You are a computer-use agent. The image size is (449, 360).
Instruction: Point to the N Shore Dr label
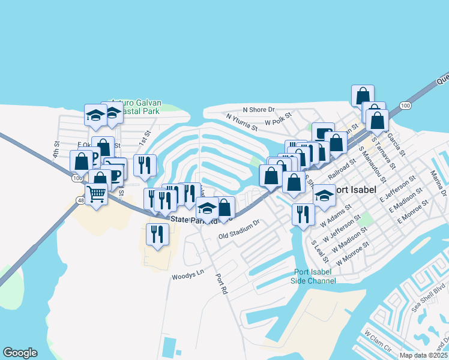[258, 110]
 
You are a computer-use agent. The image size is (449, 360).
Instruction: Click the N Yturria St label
[241, 122]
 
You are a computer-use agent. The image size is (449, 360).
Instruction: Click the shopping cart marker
[96, 194]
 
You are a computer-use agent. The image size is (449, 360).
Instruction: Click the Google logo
[20, 353]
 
